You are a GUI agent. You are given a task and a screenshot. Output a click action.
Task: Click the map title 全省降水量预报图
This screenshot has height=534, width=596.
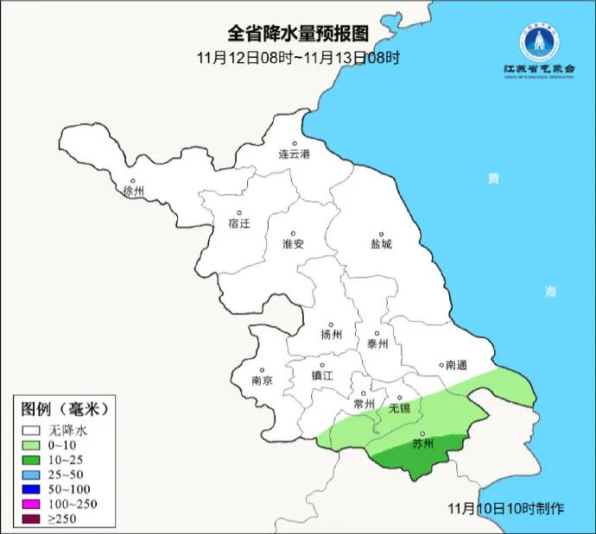298,34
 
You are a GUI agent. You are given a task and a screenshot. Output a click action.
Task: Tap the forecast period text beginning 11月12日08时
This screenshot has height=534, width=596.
298,58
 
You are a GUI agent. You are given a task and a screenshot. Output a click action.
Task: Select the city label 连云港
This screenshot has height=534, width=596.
294,154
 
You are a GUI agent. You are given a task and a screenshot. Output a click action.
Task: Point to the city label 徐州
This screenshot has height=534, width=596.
134,191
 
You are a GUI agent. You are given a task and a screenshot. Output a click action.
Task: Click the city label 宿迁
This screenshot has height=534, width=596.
238,223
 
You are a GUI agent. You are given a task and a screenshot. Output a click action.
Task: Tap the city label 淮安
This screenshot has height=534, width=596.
294,243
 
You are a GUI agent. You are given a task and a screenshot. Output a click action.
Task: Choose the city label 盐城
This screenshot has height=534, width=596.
380,243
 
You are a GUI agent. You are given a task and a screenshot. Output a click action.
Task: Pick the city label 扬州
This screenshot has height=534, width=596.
331,335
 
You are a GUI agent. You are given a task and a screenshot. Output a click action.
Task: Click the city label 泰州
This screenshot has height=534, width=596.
378,342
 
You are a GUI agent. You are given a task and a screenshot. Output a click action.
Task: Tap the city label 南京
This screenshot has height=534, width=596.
262,380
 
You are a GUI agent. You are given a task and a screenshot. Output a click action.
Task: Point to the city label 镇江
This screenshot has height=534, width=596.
322,375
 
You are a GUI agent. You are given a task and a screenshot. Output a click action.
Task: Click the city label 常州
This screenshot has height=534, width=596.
365,404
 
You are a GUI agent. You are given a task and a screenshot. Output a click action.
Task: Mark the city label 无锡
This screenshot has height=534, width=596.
399,407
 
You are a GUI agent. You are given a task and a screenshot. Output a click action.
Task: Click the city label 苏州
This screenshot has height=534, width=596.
422,444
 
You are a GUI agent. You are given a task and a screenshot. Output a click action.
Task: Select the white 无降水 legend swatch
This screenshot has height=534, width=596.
34,430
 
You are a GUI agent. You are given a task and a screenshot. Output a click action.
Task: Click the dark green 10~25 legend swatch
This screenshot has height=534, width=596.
34,460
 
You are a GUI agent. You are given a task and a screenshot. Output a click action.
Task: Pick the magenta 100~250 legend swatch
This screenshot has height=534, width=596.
34,504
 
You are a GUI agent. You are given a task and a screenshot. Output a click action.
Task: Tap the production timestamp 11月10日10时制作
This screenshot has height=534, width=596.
506,508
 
